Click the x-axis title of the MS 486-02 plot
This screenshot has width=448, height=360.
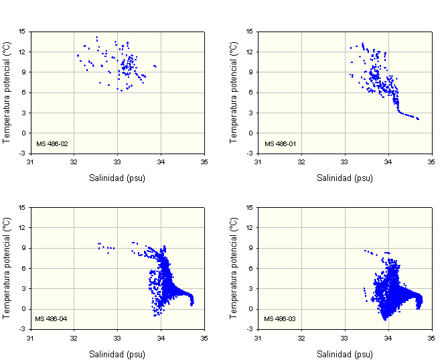(117, 178)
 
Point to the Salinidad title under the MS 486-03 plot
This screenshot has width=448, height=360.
(345, 353)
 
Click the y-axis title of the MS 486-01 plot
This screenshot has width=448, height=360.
(234, 93)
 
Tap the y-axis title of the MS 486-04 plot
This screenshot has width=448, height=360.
(6, 268)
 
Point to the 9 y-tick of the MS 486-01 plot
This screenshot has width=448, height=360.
(250, 72)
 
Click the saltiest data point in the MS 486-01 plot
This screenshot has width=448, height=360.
(418, 119)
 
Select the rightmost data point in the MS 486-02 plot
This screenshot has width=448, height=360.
(155, 66)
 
